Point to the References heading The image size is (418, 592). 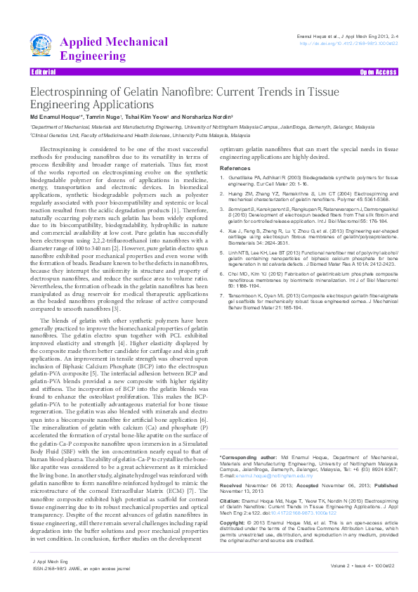pos(235,169)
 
